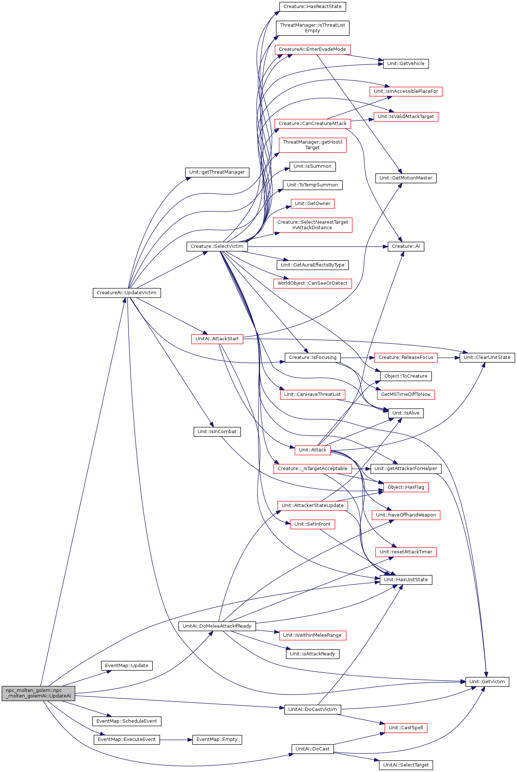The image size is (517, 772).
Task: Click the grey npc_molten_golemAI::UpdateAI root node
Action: click(x=38, y=693)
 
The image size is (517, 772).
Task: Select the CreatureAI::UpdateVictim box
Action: click(x=127, y=293)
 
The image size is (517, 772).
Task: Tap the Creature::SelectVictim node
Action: click(x=217, y=246)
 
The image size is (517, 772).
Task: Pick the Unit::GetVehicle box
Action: click(x=406, y=64)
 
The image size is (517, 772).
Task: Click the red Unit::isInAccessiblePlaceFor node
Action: click(x=406, y=91)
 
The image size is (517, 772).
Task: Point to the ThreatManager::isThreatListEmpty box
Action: click(x=313, y=28)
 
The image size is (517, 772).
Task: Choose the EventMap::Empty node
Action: click(x=217, y=739)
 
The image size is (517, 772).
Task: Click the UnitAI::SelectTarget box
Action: click(x=406, y=765)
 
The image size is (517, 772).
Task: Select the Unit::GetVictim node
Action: click(x=487, y=682)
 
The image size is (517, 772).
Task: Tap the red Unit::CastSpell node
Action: click(x=406, y=728)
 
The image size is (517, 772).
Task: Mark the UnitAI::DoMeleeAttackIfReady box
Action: click(x=217, y=626)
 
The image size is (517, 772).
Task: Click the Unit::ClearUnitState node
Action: click(x=487, y=357)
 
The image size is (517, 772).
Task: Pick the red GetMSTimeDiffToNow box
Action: click(x=406, y=395)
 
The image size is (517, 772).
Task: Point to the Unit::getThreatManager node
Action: click(x=217, y=173)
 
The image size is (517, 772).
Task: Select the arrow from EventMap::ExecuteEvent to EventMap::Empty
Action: click(x=176, y=739)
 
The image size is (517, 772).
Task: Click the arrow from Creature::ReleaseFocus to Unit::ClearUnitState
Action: click(x=448, y=357)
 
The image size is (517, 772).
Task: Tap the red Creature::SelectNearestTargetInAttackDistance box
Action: click(x=313, y=225)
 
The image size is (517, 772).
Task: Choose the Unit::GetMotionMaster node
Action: click(x=406, y=178)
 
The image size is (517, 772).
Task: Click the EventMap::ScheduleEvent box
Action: click(x=127, y=721)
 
